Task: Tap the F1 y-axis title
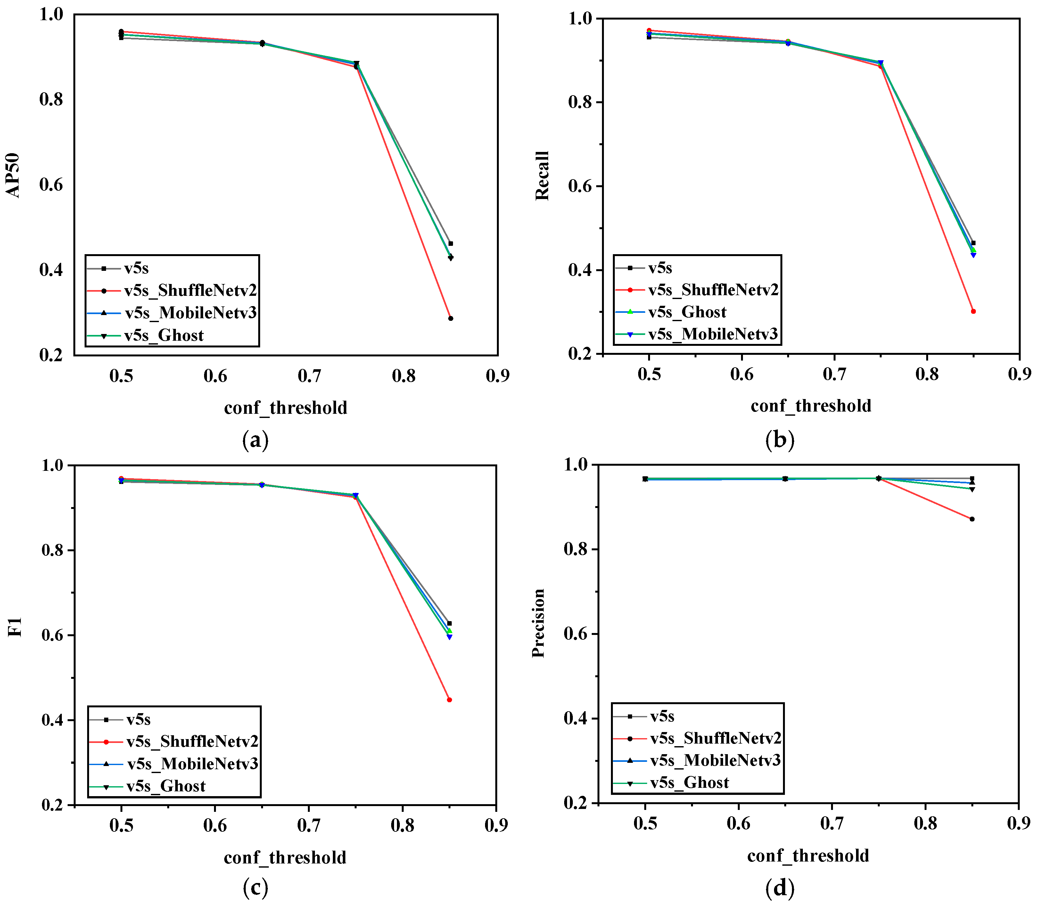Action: tap(15, 627)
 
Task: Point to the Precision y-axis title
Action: tap(538, 623)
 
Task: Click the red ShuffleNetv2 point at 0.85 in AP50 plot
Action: tap(450, 318)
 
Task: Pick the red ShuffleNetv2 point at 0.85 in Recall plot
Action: tap(973, 311)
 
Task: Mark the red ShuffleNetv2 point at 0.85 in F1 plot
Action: tap(449, 700)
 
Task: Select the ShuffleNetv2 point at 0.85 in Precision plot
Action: tap(972, 519)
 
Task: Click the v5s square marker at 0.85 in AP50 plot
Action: tap(450, 244)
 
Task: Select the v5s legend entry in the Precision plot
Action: tap(661, 716)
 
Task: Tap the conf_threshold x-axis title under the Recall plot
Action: tap(811, 406)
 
